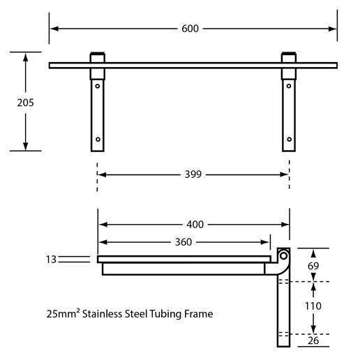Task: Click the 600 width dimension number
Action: [190, 29]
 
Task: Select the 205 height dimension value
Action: [25, 102]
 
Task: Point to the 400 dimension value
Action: [195, 225]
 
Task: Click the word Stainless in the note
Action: [103, 314]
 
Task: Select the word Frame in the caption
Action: [197, 314]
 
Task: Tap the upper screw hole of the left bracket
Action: [98, 87]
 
